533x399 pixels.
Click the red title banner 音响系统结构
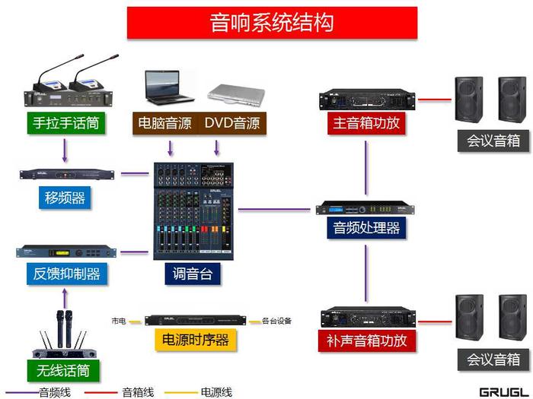coord(272,22)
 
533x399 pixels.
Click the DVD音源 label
coord(232,122)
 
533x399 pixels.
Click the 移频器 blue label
coord(65,198)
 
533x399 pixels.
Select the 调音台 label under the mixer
coord(193,274)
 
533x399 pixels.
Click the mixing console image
coord(194,209)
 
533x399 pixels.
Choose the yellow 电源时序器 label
coord(196,340)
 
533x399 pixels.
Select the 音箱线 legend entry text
coord(138,392)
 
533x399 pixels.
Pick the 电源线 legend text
coord(216,392)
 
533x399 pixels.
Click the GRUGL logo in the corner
coord(503,391)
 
